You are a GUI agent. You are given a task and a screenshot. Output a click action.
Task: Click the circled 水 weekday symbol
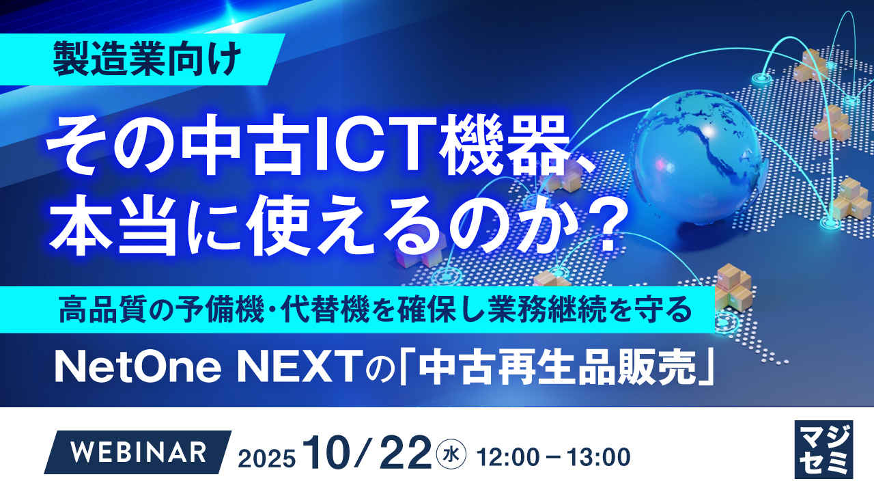pyautogui.click(x=451, y=453)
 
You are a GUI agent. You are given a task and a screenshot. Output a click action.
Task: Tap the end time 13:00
pyautogui.click(x=599, y=455)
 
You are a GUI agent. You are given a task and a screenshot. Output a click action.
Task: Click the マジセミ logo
pyautogui.click(x=823, y=450)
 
